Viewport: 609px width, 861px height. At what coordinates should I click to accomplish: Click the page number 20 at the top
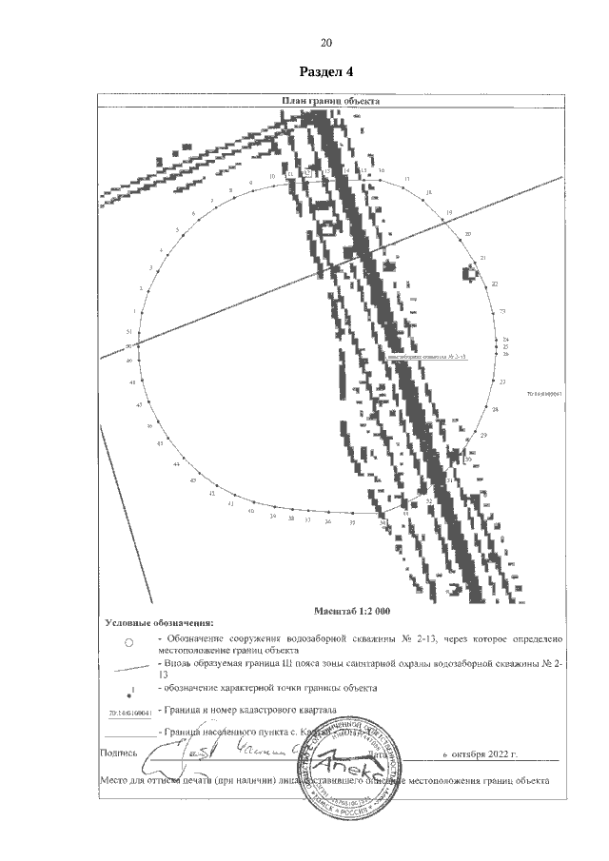coord(325,43)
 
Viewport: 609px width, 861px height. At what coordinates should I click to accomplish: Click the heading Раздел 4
coord(325,71)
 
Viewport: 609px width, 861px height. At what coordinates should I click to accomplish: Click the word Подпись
coord(118,753)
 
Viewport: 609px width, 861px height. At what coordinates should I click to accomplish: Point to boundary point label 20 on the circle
coord(466,234)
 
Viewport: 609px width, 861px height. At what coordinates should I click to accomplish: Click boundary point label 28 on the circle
coord(495,408)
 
